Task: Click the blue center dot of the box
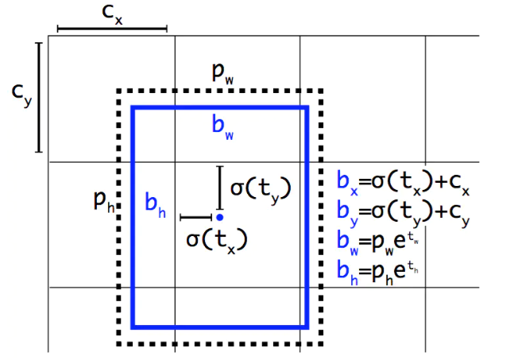(x=219, y=216)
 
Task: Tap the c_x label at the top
(x=111, y=14)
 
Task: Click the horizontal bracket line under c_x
(x=111, y=29)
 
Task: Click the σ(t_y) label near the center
(x=260, y=188)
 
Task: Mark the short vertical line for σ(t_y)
(x=220, y=188)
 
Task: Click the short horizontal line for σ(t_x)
(x=195, y=216)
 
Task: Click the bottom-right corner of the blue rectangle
(x=307, y=326)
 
